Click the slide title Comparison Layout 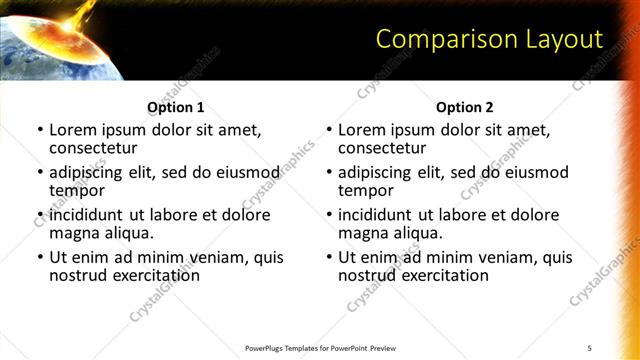tap(489, 39)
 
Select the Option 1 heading tap(176, 107)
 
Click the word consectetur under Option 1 tap(93, 148)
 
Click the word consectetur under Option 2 tap(382, 148)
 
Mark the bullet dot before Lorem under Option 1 tap(40, 130)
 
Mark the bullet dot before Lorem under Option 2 tap(329, 130)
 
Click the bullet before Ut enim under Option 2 tap(329, 257)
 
